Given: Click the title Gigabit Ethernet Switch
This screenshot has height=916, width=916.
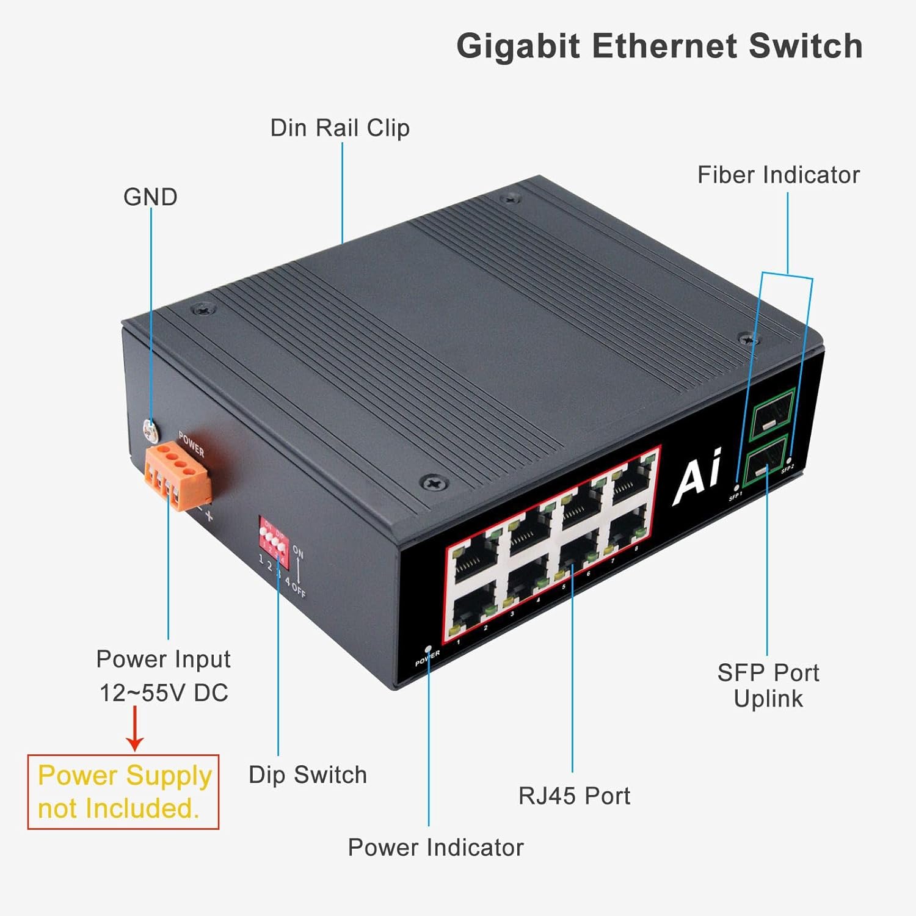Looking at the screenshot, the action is [x=660, y=46].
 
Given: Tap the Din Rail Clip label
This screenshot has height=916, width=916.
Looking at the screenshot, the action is [x=340, y=128].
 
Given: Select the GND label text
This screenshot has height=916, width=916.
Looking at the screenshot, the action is [x=150, y=197].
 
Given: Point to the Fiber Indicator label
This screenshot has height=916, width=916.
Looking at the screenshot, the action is [x=778, y=175].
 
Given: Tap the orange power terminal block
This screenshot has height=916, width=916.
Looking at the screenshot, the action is [x=177, y=474].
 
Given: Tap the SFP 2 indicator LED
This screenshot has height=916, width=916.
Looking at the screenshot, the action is [x=791, y=460].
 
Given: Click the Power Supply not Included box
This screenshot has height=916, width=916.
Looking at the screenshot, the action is [x=123, y=792].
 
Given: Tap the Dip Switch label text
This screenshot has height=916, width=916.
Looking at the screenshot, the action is [x=308, y=775].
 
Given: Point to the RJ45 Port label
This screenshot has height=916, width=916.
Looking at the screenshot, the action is [x=574, y=796].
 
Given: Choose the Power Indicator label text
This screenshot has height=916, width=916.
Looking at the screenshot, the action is [x=435, y=848].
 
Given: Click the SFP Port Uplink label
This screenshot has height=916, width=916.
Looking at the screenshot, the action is [x=768, y=686].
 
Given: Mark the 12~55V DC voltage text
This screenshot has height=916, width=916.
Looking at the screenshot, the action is [x=164, y=693].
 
